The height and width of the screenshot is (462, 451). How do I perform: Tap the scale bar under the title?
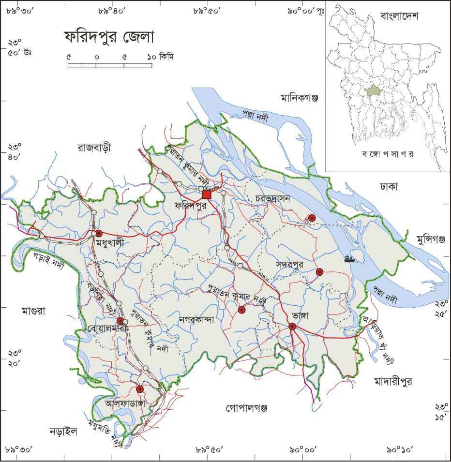pyautogui.click(x=109, y=65)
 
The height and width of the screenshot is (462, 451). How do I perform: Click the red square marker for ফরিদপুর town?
pyautogui.click(x=207, y=194)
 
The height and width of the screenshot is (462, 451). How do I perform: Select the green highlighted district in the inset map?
pyautogui.click(x=373, y=91)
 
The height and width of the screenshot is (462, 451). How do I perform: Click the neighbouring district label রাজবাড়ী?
pyautogui.click(x=94, y=148)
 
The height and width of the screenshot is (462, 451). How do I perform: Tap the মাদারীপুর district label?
pyautogui.click(x=393, y=382)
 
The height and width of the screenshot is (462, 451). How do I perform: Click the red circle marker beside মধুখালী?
pyautogui.click(x=99, y=233)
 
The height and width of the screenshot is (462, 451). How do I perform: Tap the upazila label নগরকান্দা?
pyautogui.click(x=196, y=319)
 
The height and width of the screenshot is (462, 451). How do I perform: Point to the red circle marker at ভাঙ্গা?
pyautogui.click(x=293, y=327)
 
